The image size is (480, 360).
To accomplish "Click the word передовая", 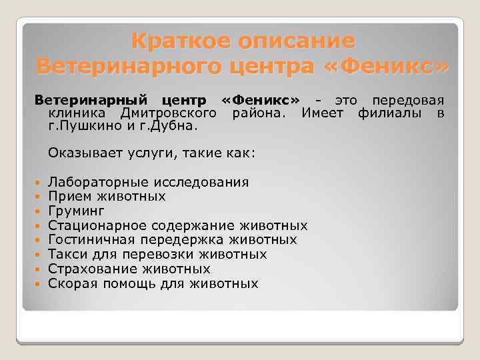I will click(408, 101).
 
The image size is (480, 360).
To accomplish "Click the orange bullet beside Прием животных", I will click(37, 197).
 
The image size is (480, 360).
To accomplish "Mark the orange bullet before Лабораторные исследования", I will click(37, 183).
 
